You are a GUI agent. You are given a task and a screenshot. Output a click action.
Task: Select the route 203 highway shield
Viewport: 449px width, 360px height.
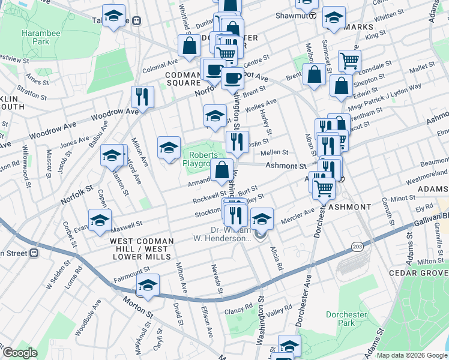(x=358, y=247)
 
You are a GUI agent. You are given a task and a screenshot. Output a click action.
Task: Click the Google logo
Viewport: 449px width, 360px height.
(x=20, y=353)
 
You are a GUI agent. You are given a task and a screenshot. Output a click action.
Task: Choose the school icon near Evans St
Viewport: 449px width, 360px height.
(x=100, y=220)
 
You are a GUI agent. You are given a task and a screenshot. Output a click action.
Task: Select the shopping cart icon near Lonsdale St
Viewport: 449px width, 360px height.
(x=349, y=59)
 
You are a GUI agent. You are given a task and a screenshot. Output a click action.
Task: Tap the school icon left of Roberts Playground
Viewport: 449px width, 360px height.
(x=169, y=146)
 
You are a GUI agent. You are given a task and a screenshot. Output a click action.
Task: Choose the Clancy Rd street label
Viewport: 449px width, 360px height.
(x=239, y=309)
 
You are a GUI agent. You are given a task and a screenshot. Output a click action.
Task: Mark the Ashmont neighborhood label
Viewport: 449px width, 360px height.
(x=349, y=206)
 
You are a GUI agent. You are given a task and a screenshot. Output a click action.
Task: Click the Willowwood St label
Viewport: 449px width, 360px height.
(x=26, y=163)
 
